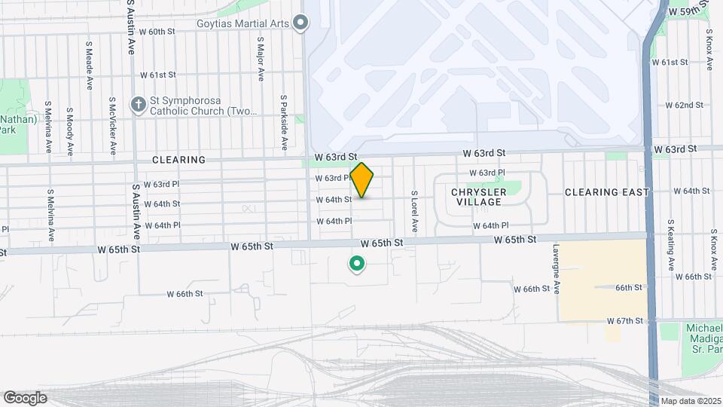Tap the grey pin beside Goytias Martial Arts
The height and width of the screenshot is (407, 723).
click(x=300, y=23)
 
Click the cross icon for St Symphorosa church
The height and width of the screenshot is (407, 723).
click(x=138, y=105)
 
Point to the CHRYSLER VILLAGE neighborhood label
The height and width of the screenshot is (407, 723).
click(x=478, y=197)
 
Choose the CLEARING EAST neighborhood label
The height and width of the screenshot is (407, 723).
click(x=606, y=192)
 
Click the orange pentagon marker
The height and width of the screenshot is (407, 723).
click(x=362, y=180)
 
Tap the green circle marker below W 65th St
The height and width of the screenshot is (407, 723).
click(x=356, y=264)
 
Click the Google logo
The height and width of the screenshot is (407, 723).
click(x=25, y=398)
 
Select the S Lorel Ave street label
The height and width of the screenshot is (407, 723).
click(x=413, y=211)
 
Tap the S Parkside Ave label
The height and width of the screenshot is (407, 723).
click(x=284, y=114)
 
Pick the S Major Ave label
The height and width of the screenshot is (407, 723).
click(x=261, y=59)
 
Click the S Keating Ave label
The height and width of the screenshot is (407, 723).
click(x=670, y=245)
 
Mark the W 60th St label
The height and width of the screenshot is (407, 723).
click(x=157, y=32)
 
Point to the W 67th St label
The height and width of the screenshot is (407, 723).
click(x=626, y=321)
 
